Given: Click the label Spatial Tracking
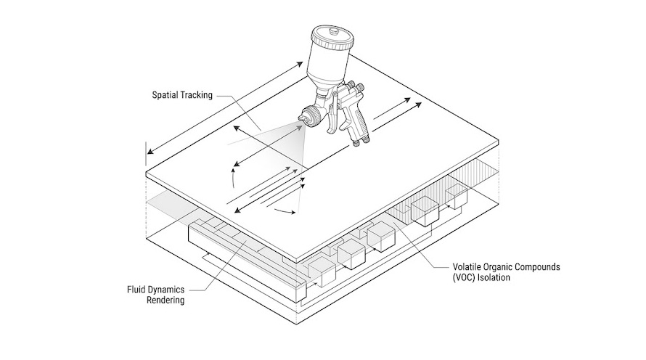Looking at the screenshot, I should pos(181,94).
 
